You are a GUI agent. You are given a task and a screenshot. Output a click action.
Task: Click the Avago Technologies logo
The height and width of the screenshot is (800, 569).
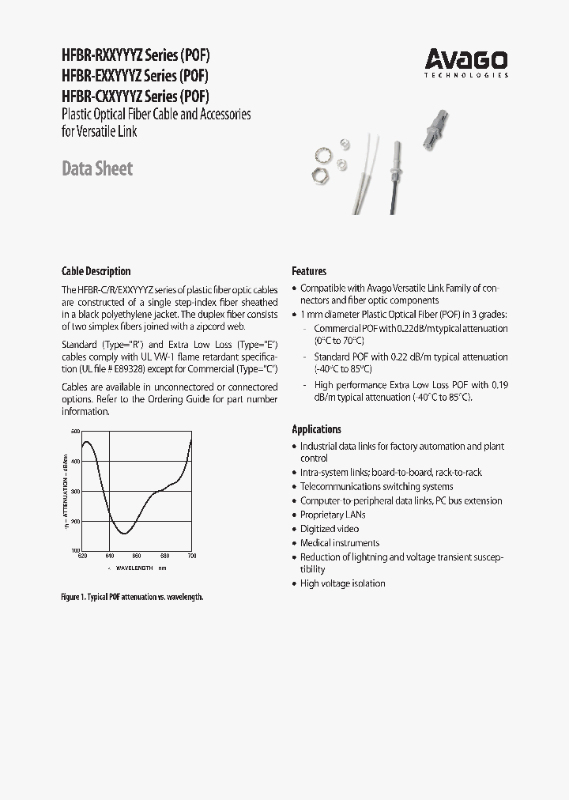tap(466, 61)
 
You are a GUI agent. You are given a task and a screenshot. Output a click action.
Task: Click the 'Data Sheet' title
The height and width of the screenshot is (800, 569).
tap(96, 168)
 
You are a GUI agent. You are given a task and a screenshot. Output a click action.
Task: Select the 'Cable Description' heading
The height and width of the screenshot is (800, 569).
tap(96, 271)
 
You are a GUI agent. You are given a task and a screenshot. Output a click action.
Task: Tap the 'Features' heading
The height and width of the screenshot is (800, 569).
tap(309, 271)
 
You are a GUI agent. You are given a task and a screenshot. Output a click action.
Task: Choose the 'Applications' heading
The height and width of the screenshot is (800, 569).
tap(316, 429)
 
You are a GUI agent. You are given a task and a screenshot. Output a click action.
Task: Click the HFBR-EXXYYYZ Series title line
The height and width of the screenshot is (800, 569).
tap(135, 77)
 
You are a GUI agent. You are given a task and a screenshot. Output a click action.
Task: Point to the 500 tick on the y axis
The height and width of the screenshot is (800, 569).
tap(76, 431)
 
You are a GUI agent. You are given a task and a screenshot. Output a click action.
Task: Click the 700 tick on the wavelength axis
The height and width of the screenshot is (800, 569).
tap(191, 557)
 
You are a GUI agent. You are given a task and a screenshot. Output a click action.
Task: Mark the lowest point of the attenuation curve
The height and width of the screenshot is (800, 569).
tap(124, 534)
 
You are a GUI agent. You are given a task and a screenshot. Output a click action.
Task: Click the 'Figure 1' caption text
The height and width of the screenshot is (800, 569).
tap(132, 597)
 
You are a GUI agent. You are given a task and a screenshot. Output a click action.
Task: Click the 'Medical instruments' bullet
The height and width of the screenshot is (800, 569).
tap(339, 543)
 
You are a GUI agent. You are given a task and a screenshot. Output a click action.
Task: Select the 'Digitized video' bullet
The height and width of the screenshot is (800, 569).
tap(329, 529)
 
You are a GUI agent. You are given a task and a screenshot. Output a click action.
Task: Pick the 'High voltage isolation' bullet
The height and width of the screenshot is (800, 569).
tap(342, 583)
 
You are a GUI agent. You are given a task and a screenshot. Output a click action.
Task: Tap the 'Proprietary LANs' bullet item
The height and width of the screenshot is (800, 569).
tap(333, 515)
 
